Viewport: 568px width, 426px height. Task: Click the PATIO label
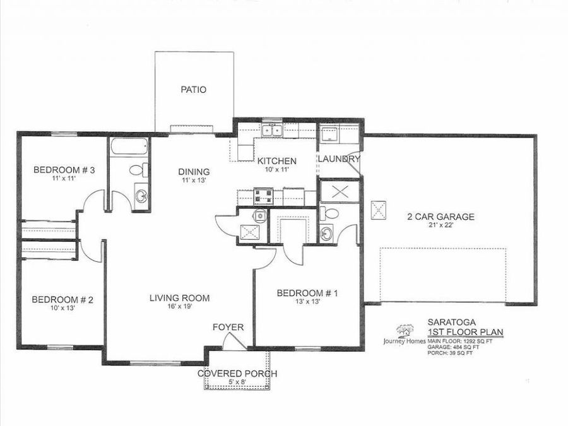click(193, 90)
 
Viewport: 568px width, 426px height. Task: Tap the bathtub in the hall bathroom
click(129, 147)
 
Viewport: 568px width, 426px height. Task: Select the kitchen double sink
click(272, 131)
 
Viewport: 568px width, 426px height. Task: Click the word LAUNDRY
click(338, 159)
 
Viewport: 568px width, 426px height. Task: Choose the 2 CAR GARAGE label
click(441, 216)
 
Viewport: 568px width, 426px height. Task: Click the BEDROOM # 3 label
click(64, 170)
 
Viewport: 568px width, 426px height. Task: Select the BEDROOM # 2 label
click(62, 300)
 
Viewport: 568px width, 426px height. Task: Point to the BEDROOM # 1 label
click(308, 293)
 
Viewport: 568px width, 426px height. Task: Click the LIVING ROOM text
click(179, 298)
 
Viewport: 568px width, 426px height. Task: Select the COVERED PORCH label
click(237, 374)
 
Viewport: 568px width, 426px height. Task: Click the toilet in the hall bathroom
click(138, 170)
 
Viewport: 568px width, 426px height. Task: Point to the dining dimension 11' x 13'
click(194, 180)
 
